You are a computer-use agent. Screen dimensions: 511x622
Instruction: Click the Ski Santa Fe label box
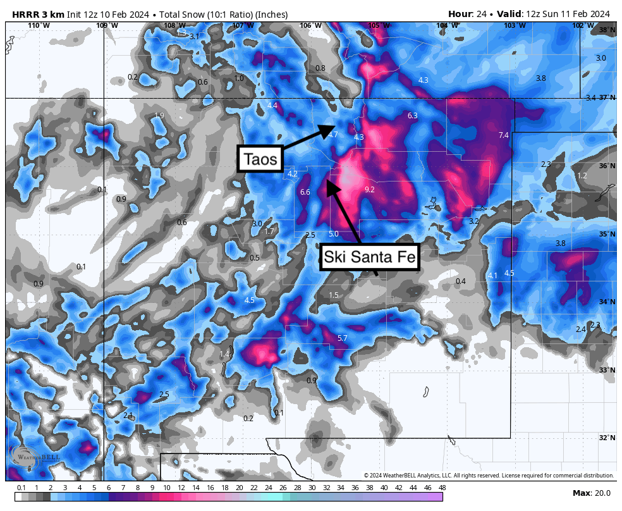point(370,257)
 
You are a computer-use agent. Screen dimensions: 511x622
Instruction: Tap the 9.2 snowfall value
point(370,189)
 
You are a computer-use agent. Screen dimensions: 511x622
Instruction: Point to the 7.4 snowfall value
point(503,135)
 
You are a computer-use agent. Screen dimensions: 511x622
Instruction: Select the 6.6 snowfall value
point(305,192)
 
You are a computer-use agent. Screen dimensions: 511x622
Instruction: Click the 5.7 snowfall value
point(342,338)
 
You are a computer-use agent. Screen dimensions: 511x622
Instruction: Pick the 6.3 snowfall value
point(413,116)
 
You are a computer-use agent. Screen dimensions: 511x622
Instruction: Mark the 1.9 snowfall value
point(159,115)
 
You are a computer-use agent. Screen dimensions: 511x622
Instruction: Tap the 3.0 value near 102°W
point(601,58)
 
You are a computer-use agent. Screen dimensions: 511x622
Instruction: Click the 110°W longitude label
point(39,25)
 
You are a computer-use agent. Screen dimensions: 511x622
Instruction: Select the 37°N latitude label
point(606,98)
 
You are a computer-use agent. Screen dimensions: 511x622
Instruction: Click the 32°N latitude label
point(606,438)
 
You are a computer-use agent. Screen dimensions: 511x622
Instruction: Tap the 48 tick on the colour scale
point(442,488)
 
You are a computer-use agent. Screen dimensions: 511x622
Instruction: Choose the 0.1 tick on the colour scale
point(21,488)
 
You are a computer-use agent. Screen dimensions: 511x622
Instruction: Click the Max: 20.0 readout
point(590,493)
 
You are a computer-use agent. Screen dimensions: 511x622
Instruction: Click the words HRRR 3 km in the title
point(35,14)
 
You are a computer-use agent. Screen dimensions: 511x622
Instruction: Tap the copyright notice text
point(489,476)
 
